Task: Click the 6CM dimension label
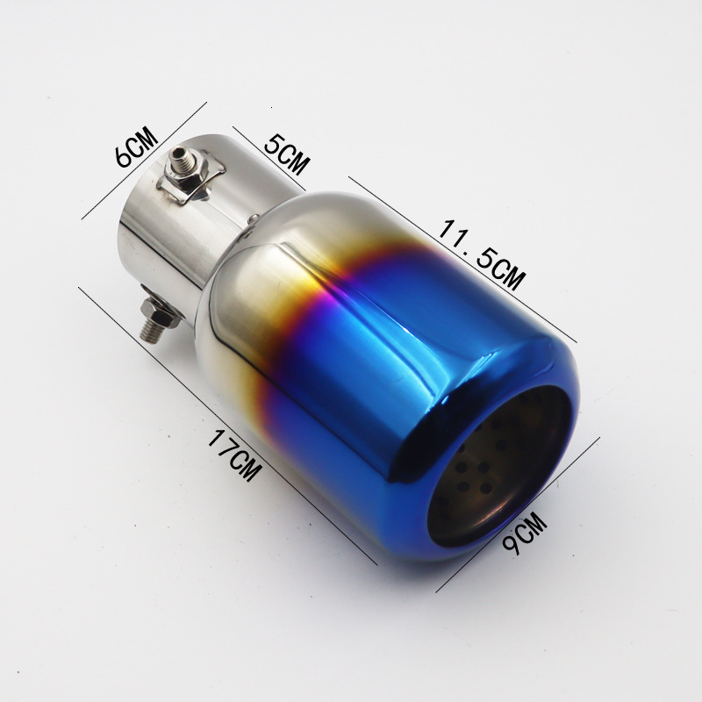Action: tap(136, 147)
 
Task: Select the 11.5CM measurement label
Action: tap(480, 254)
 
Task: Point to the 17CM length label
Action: tap(233, 454)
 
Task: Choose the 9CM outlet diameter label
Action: tap(525, 533)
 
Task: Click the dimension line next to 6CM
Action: tap(144, 161)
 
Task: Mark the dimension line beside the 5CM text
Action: tap(269, 159)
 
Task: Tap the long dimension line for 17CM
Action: tap(228, 426)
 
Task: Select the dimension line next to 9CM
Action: tap(518, 514)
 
